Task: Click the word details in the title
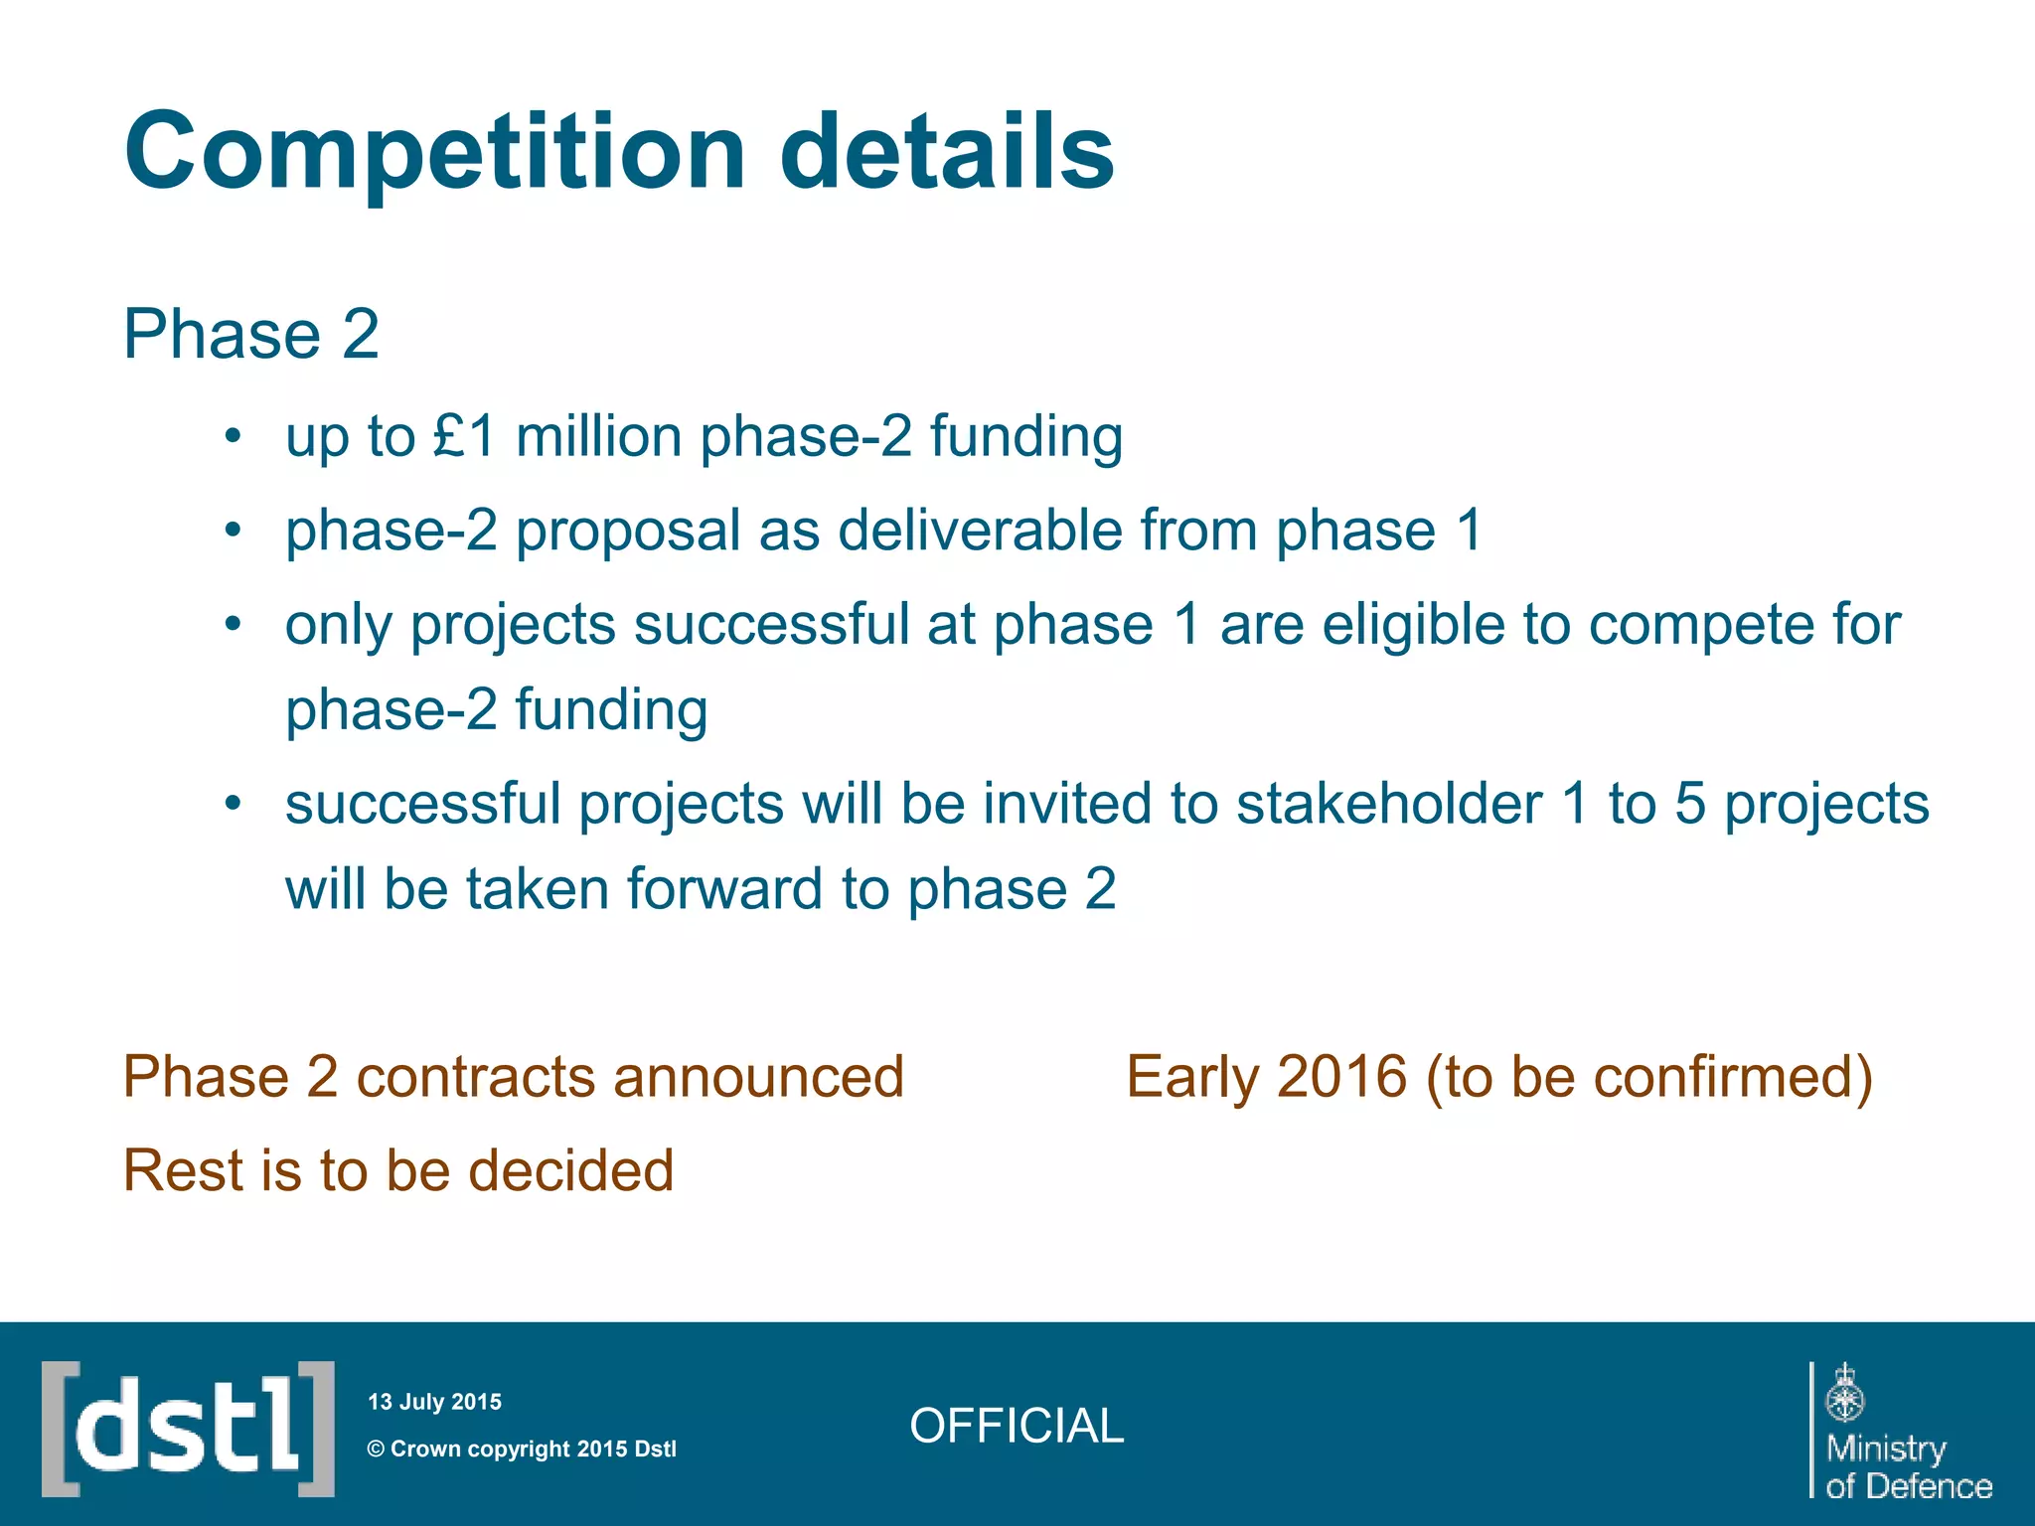[947, 151]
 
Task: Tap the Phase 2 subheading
[250, 334]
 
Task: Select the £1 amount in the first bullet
[464, 436]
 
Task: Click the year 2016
[1341, 1077]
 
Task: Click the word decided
[570, 1170]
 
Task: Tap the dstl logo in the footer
[188, 1429]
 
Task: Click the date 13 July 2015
[434, 1402]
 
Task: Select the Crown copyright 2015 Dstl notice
[522, 1449]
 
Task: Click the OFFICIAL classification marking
[1017, 1426]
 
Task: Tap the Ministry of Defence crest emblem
[1844, 1393]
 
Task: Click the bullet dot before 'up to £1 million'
[233, 436]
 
